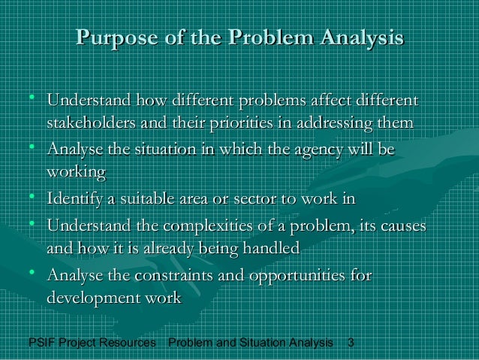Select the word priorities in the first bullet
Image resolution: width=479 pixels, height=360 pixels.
pos(246,122)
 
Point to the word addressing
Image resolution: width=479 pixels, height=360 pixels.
pos(339,122)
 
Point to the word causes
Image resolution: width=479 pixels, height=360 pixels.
pos(397,225)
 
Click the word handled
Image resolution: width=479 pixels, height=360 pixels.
pos(267,247)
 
